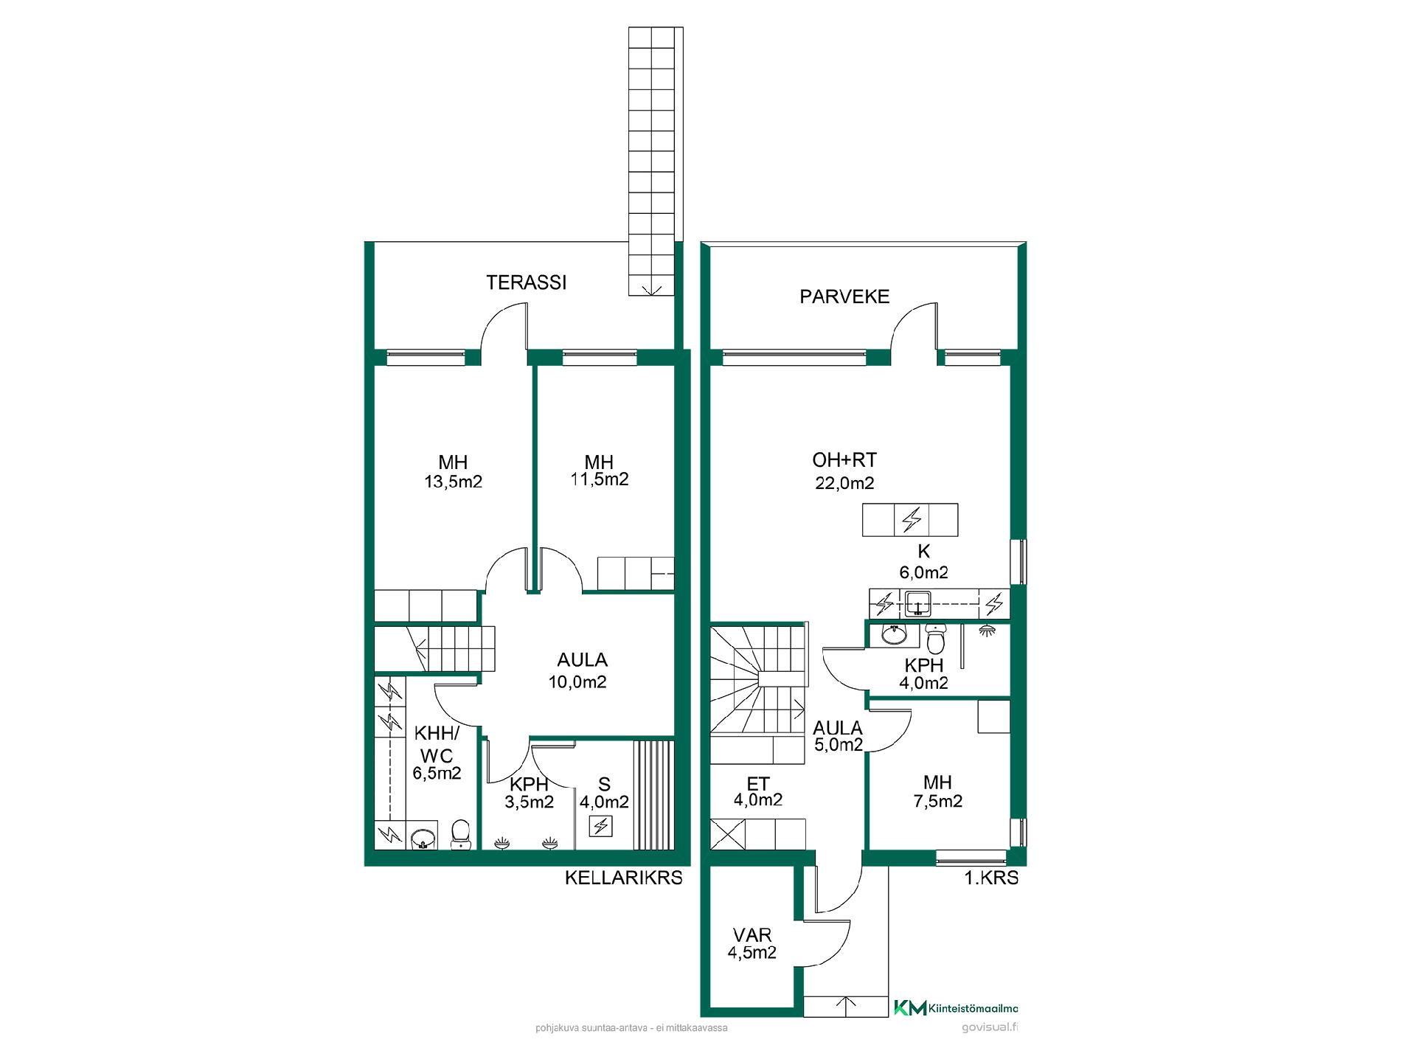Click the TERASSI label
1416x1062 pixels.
[526, 282]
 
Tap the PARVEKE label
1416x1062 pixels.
[844, 296]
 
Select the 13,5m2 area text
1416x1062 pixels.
[453, 482]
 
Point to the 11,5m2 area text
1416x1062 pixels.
[599, 479]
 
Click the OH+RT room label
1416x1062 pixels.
[844, 460]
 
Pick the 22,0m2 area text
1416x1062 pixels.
[844, 483]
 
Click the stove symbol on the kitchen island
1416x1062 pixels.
[912, 519]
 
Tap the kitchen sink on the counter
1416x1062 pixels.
[917, 603]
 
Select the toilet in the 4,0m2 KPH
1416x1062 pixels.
[935, 639]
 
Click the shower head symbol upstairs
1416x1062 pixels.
[987, 631]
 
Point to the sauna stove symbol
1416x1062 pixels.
[601, 826]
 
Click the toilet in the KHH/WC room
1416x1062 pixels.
[460, 834]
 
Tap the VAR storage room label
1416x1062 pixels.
[752, 935]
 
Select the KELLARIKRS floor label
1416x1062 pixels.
[623, 878]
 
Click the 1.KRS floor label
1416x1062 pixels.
[992, 878]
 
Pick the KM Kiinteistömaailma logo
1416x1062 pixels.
[956, 1008]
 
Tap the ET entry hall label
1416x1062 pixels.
[758, 784]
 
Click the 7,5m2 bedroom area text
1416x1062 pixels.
[938, 801]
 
